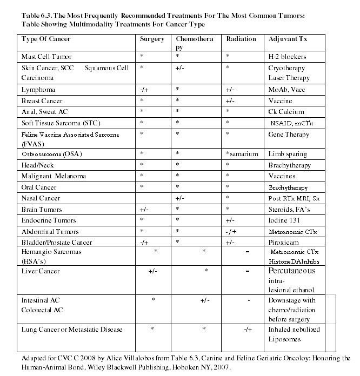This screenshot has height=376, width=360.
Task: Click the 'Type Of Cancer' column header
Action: (46, 39)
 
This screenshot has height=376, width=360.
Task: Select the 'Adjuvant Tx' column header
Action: (286, 39)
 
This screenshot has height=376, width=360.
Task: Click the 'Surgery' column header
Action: (152, 39)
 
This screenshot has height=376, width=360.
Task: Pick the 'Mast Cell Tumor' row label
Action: (46, 57)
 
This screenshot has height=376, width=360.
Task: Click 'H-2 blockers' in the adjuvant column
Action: (287, 57)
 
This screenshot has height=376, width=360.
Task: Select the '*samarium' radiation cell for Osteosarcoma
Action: (242, 154)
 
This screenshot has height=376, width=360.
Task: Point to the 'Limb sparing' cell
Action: (288, 154)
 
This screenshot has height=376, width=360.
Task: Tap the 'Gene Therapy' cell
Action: (289, 134)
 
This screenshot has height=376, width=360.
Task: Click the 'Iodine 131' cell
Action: (285, 220)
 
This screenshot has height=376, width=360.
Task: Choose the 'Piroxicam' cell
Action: (284, 243)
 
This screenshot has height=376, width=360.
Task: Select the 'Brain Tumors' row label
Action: (42, 210)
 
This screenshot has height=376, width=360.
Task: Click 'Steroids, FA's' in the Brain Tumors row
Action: (289, 210)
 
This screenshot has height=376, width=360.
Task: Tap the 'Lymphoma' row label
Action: (38, 90)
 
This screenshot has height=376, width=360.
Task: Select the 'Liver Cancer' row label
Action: (41, 271)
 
